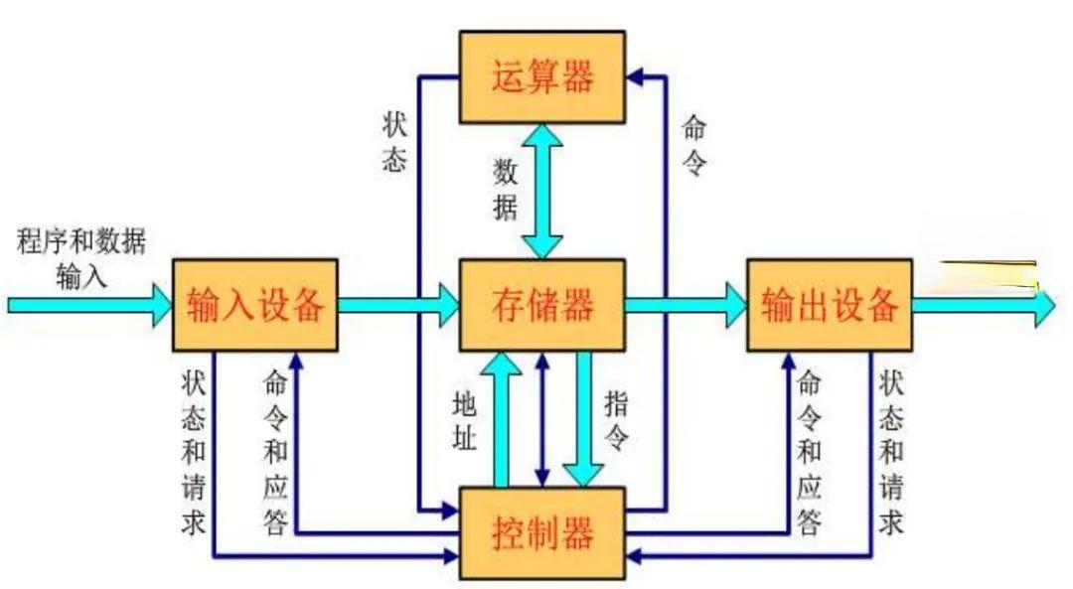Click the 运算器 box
541,76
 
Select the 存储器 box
541,304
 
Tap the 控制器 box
541,533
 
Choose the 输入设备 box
255,304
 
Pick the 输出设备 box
829,304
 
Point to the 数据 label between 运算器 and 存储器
506,190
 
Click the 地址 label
464,421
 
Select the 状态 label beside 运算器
394,142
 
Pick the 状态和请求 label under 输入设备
194,452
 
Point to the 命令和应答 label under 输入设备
275,452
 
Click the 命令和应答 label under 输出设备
810,452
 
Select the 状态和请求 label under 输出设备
891,452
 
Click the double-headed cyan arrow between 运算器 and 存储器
542,191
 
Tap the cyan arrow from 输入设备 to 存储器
397,304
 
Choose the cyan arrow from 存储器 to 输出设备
686,304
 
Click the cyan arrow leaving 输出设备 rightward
984,305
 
